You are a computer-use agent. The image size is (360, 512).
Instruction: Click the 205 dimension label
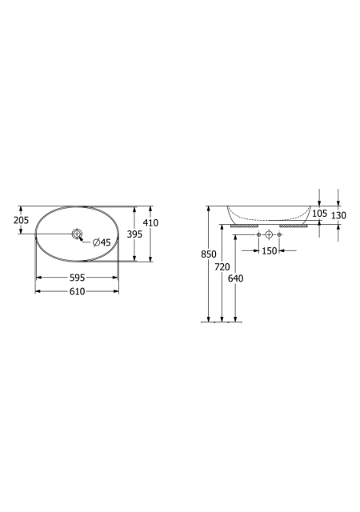pyautogui.click(x=21, y=220)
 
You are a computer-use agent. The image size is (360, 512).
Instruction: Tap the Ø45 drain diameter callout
pyautogui.click(x=102, y=242)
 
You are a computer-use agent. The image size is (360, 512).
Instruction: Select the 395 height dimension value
pyautogui.click(x=134, y=234)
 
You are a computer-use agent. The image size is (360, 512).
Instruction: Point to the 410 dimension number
pyautogui.click(x=150, y=222)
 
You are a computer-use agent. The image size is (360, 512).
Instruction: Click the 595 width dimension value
pyautogui.click(x=77, y=278)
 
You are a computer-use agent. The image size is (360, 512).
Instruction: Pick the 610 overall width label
pyautogui.click(x=77, y=291)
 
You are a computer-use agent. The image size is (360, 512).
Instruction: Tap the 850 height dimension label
pyautogui.click(x=209, y=254)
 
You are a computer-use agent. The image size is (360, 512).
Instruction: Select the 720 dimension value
pyautogui.click(x=222, y=267)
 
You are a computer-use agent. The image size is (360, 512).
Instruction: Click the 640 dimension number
pyautogui.click(x=235, y=278)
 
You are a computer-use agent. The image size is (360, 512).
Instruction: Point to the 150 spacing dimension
pyautogui.click(x=269, y=251)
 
